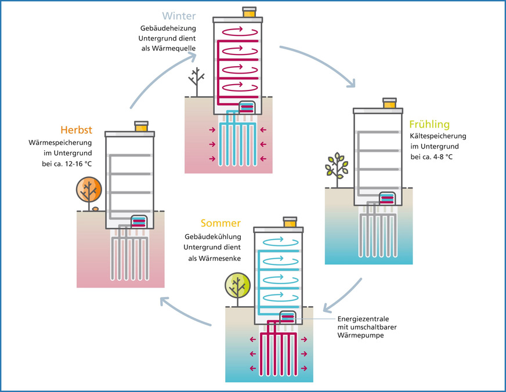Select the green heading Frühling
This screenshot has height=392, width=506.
tap(429, 124)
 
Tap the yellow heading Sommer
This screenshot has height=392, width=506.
tap(221, 223)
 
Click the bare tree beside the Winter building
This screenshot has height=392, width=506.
tap(197, 81)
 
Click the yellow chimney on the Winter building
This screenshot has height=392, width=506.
tap(249, 12)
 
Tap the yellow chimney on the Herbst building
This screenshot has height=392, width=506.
tap(141, 126)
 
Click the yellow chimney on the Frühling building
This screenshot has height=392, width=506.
tap(389, 103)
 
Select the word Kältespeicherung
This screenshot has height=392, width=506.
tap(438, 136)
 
